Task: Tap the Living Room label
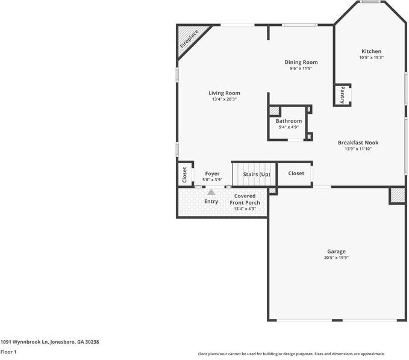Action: pyautogui.click(x=224, y=93)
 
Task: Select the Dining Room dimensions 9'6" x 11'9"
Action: pyautogui.click(x=301, y=69)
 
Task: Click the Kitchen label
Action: pyautogui.click(x=371, y=51)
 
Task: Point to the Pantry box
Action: pyautogui.click(x=342, y=95)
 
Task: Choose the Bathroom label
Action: pyautogui.click(x=289, y=121)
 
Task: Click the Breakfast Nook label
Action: pyautogui.click(x=358, y=143)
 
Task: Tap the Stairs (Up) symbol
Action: pyautogui.click(x=255, y=175)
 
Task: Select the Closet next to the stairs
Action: pyautogui.click(x=296, y=173)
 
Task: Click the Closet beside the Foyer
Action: pyautogui.click(x=184, y=174)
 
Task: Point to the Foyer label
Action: pyautogui.click(x=212, y=173)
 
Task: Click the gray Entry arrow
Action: pyautogui.click(x=211, y=192)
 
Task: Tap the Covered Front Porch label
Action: pyautogui.click(x=245, y=199)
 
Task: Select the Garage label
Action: pyautogui.click(x=336, y=251)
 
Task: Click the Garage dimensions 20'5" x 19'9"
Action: pyautogui.click(x=336, y=258)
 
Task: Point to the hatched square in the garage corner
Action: pyautogui.click(x=397, y=196)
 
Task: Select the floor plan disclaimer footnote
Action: pyautogui.click(x=291, y=354)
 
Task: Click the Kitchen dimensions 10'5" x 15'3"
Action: pyautogui.click(x=371, y=58)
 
